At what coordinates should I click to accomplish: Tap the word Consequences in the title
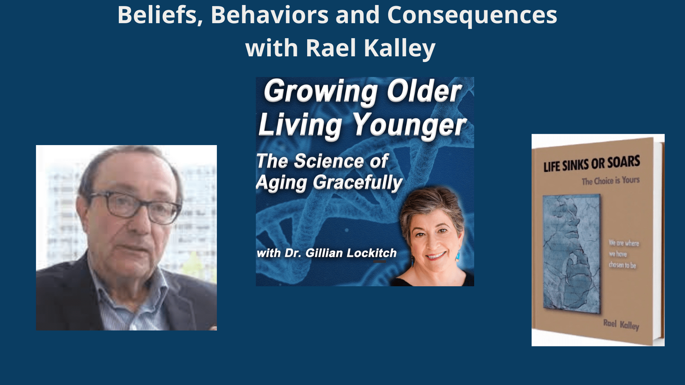[x=472, y=16]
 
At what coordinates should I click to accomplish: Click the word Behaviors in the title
[x=270, y=15]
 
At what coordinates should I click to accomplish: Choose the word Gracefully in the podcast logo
[x=358, y=183]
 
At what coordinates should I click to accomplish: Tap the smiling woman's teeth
[x=436, y=256]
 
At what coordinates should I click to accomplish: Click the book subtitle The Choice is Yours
[x=610, y=181]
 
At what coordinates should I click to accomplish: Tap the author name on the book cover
[x=621, y=324]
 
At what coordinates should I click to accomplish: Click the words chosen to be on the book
[x=623, y=265]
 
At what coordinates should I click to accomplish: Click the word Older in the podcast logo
[x=425, y=91]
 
